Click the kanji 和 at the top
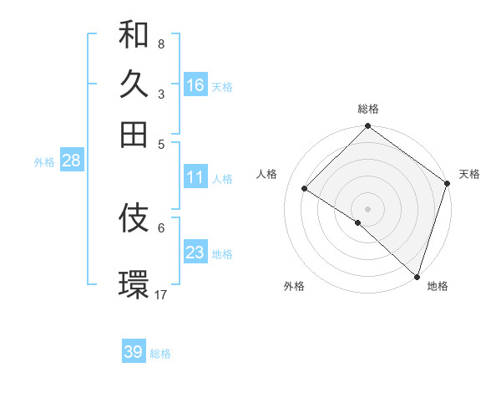point(134,34)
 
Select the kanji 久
point(134,84)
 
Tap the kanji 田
point(134,133)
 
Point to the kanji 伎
point(134,218)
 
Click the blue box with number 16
point(195,85)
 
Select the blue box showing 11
point(195,177)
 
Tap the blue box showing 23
point(195,253)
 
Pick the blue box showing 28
point(71,161)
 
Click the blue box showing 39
point(133,352)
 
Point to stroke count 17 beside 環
point(161,294)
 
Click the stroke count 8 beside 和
point(160,43)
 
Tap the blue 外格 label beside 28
point(43,162)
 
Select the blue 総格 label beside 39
point(160,354)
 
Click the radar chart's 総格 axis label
point(367,109)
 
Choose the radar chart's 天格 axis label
point(469,174)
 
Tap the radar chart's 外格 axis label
point(294,286)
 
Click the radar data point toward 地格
point(417,276)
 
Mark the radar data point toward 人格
point(305,188)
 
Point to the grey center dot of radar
point(367,208)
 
